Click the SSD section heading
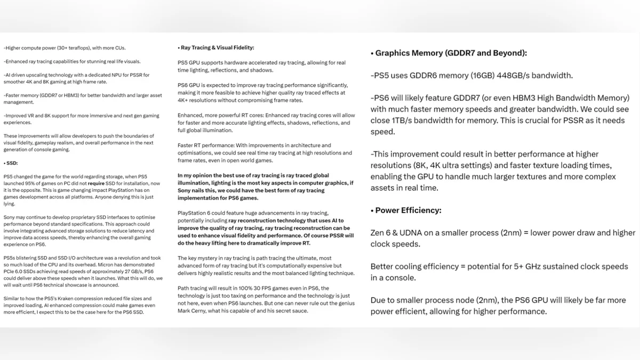(11, 163)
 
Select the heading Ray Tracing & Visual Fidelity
(217, 47)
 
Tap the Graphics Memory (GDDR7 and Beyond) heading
(451, 53)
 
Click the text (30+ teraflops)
(71, 47)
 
